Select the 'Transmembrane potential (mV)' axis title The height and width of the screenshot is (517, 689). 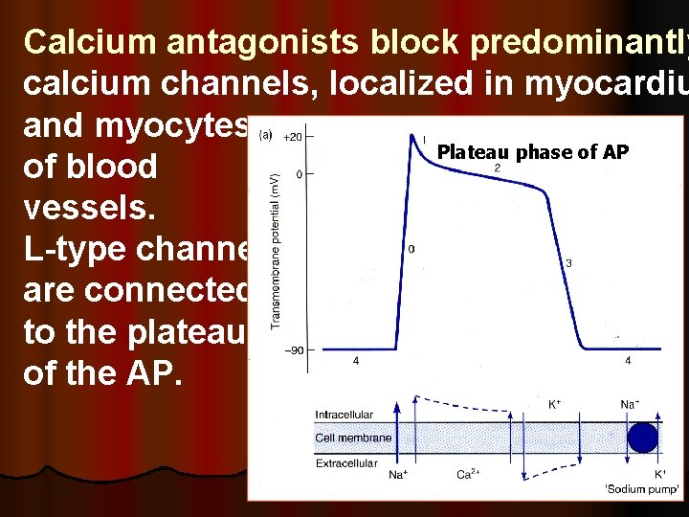pos(275,257)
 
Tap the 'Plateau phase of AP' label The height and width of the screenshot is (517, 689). pos(532,151)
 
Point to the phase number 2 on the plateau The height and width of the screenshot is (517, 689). pos(497,169)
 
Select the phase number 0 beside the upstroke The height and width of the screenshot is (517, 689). pos(411,250)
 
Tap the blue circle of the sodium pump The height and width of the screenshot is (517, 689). pos(642,438)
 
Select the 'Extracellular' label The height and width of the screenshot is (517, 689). pos(347,462)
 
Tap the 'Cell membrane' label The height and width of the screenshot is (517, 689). pos(352,438)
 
